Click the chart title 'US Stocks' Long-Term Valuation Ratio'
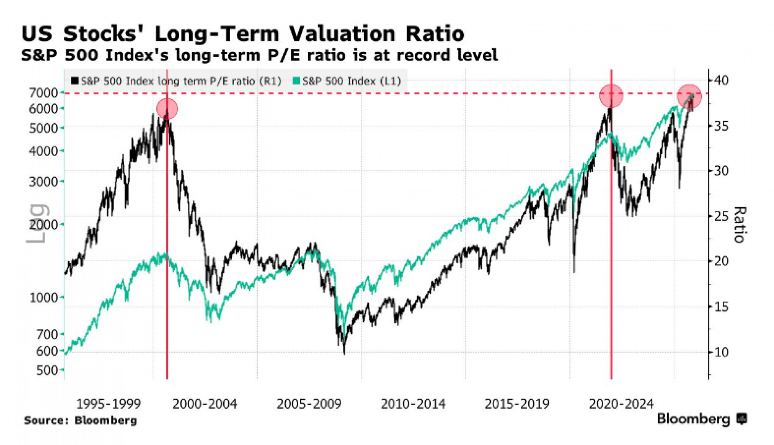(x=243, y=34)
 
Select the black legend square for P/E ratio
(x=75, y=81)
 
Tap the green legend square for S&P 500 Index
(x=296, y=81)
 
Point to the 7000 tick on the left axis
(x=43, y=93)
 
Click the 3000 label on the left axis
(x=43, y=181)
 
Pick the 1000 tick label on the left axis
(x=43, y=298)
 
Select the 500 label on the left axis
(x=47, y=370)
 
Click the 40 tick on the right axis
(x=721, y=80)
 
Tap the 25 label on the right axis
(x=721, y=216)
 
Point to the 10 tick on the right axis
(x=721, y=352)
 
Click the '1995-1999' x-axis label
(x=108, y=404)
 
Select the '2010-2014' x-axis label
(x=413, y=404)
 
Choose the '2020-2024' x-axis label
(x=621, y=404)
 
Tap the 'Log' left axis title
(x=37, y=223)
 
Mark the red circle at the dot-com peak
(x=167, y=109)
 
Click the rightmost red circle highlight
(x=689, y=96)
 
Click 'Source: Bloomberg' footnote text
(x=80, y=420)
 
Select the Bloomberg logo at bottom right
(x=701, y=419)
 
